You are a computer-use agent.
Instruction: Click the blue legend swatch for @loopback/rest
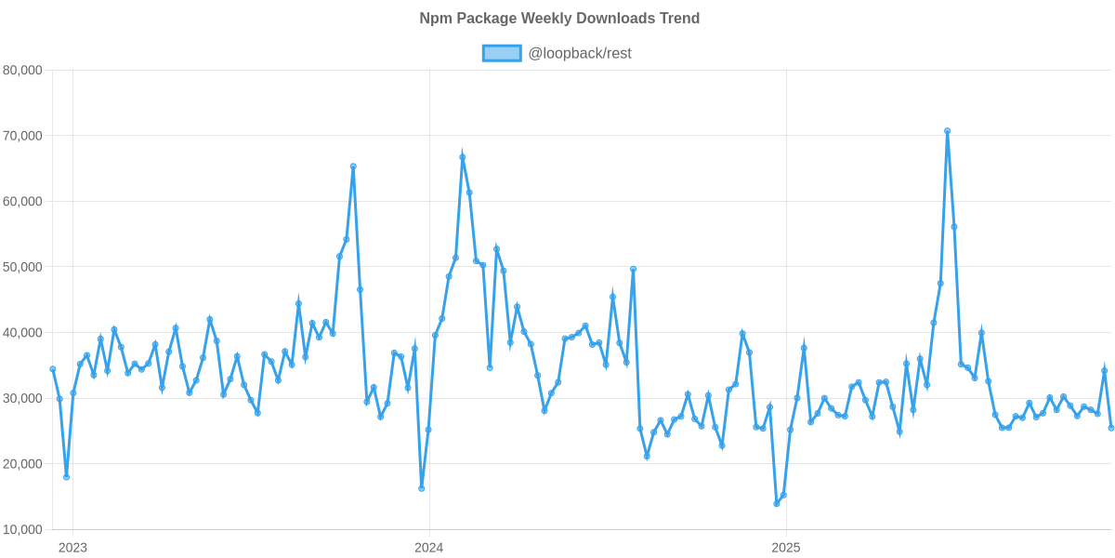click(x=501, y=54)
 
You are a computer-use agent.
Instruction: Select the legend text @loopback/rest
click(x=580, y=54)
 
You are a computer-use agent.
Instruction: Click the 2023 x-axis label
click(x=72, y=547)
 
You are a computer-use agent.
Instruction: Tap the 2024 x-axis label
click(x=428, y=547)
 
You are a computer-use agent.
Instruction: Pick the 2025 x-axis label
click(x=786, y=547)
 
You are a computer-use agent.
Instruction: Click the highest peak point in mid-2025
click(x=947, y=131)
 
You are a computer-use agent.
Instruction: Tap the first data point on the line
click(x=53, y=369)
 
